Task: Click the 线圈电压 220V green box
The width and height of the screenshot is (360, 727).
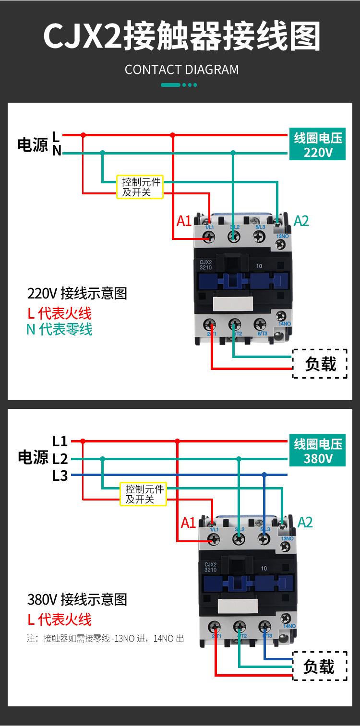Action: coord(317,145)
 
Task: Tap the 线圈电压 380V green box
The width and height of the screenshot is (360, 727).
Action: coord(317,451)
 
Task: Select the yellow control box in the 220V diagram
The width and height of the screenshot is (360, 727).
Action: coord(140,187)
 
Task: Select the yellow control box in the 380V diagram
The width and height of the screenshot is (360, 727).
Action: coord(143,494)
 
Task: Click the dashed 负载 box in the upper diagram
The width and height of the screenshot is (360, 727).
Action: coord(320,364)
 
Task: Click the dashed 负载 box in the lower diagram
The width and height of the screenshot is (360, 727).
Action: coord(320,666)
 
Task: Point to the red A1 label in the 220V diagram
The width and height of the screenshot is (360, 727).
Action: coord(184,221)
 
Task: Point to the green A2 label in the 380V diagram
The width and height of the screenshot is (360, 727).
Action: coord(305,522)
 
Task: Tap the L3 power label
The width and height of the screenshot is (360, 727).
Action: coord(60,477)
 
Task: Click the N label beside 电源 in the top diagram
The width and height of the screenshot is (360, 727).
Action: coord(57,151)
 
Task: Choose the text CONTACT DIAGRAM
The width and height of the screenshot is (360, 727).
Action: coord(181,70)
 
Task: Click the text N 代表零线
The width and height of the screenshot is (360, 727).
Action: coord(59,330)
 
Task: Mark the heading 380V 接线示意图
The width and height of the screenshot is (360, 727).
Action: coord(77,599)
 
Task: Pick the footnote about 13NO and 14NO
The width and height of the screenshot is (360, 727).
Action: coord(105,639)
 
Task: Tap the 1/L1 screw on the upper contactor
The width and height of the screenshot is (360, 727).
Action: coord(210,237)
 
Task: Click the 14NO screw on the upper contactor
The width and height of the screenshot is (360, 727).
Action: coord(281,316)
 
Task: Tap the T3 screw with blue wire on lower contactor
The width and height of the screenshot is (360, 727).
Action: coord(264,627)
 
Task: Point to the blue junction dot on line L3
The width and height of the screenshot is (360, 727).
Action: coord(264,475)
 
